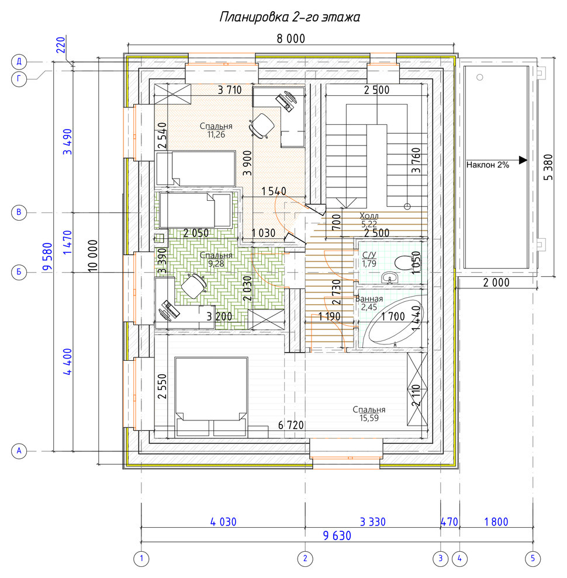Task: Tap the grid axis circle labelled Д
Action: click(19, 61)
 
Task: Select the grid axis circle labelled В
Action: click(19, 213)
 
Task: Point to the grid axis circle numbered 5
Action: click(533, 559)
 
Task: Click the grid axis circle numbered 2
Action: click(305, 559)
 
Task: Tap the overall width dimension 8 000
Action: click(291, 39)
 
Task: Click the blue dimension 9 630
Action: click(337, 535)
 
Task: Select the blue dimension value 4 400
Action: click(68, 362)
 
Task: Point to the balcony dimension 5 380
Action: click(548, 167)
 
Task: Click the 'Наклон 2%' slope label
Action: click(488, 165)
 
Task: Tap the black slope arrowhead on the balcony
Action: click(523, 160)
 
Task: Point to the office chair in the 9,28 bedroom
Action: click(193, 285)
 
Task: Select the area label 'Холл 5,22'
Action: click(369, 220)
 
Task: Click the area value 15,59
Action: click(369, 418)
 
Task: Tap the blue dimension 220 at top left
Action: click(61, 45)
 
